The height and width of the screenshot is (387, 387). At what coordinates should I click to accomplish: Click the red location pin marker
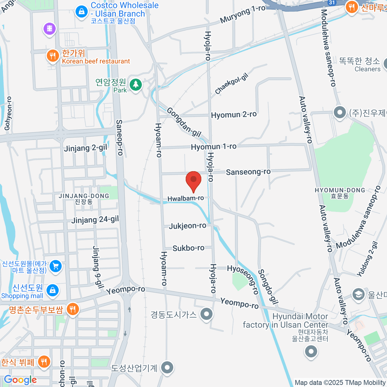pyautogui.click(x=193, y=180)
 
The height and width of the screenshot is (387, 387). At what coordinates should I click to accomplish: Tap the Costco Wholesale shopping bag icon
pyautogui.click(x=82, y=12)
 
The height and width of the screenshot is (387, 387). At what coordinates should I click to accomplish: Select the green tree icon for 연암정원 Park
pyautogui.click(x=136, y=85)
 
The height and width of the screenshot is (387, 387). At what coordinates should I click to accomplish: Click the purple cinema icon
pyautogui.click(x=49, y=29)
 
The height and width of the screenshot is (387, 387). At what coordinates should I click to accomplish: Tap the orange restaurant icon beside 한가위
pyautogui.click(x=52, y=56)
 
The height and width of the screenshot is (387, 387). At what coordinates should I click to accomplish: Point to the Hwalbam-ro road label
pyautogui.click(x=185, y=198)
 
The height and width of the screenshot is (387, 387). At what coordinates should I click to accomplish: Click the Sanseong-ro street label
pyautogui.click(x=248, y=172)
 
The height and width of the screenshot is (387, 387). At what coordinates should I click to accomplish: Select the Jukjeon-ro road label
pyautogui.click(x=187, y=226)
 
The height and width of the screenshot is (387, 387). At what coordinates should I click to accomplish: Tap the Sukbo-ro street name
pyautogui.click(x=188, y=248)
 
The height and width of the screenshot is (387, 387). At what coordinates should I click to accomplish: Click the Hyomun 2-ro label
pyautogui.click(x=233, y=115)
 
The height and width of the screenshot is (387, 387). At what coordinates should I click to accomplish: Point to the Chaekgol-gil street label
pyautogui.click(x=231, y=84)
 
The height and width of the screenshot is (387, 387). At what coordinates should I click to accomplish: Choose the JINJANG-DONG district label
pyautogui.click(x=84, y=196)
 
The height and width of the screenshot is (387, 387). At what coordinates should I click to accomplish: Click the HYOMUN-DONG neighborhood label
pyautogui.click(x=340, y=191)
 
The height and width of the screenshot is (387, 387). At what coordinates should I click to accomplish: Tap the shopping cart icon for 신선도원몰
pyautogui.click(x=56, y=266)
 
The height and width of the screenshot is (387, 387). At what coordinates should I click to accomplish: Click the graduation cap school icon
pyautogui.click(x=358, y=294)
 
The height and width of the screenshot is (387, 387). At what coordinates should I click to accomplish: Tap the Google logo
pyautogui.click(x=20, y=380)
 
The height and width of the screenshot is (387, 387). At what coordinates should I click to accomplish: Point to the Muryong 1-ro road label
pyautogui.click(x=243, y=15)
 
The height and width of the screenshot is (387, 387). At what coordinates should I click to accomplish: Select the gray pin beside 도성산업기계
pyautogui.click(x=167, y=367)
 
